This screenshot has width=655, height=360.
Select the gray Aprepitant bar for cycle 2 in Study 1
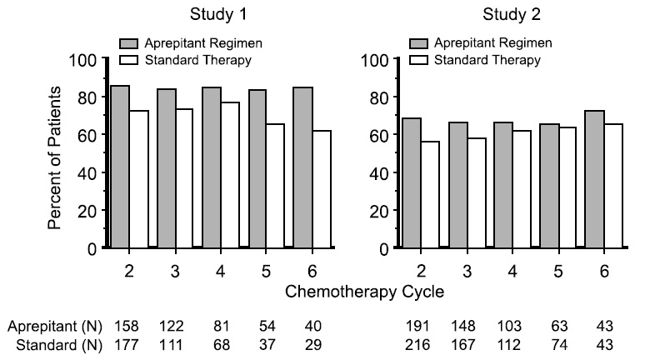point(120,167)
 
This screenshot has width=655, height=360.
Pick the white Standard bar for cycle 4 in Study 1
point(230,175)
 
